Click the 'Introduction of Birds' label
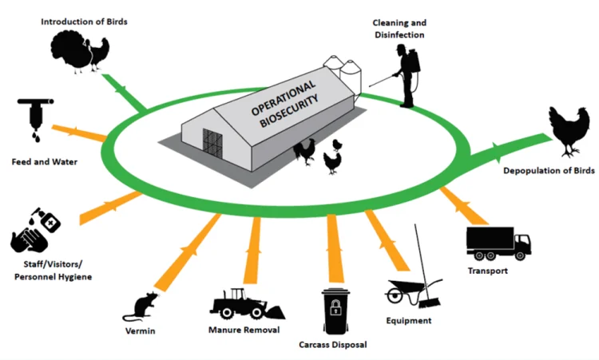click(84, 21)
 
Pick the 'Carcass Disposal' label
click(332, 346)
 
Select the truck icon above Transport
click(498, 243)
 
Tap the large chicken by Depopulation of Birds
click(569, 131)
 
